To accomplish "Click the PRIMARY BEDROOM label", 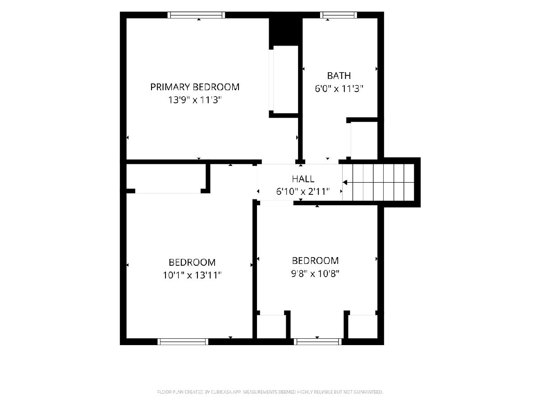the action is (195, 87).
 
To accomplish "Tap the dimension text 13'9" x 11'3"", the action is (195, 100).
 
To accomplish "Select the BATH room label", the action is (339, 76).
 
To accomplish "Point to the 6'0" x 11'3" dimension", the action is (339, 88).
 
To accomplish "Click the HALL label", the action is (303, 179).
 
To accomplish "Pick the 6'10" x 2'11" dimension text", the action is (303, 192).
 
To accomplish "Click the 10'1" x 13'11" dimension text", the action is (192, 275).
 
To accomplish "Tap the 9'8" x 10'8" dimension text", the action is (315, 274).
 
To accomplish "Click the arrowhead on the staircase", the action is (345, 183).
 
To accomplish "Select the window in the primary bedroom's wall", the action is (196, 15).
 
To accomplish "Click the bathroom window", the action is (339, 15).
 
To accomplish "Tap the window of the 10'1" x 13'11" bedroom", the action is (183, 341).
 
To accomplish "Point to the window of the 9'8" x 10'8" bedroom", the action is (318, 341).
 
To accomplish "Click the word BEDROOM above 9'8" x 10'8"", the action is (315, 261).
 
